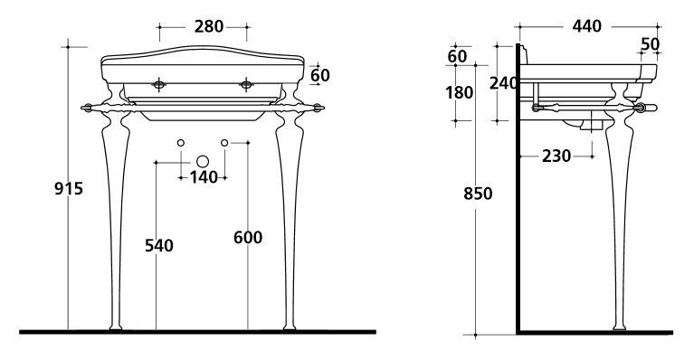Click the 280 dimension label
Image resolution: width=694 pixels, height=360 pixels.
(209, 26)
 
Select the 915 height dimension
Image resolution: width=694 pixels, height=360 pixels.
(69, 189)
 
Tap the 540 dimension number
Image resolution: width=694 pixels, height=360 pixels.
(159, 245)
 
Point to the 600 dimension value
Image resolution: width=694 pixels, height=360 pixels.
(248, 238)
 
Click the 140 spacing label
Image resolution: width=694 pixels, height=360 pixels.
(204, 177)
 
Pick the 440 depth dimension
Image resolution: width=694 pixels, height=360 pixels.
(587, 26)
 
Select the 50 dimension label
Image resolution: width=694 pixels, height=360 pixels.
(651, 43)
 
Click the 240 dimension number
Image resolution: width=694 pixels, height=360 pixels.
(503, 82)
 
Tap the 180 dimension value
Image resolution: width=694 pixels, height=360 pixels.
(459, 93)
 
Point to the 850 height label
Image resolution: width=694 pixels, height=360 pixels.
(478, 194)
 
